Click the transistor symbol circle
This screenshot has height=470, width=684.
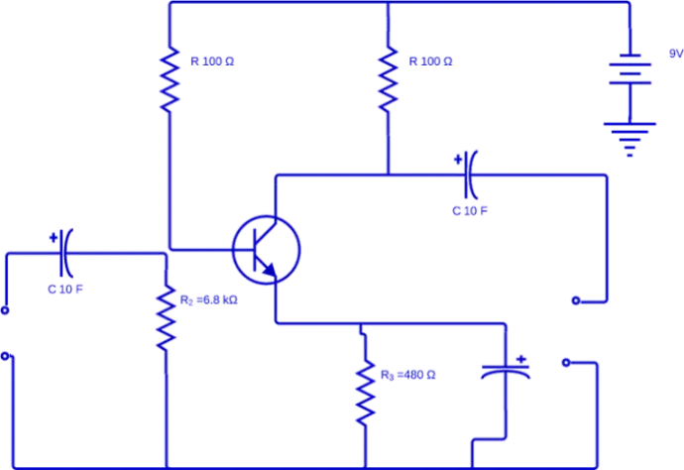click(266, 250)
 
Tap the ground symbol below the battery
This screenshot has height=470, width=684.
click(629, 135)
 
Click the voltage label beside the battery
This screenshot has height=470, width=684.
click(675, 56)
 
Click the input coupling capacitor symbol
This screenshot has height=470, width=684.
click(64, 252)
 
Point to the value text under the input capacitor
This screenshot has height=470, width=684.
click(66, 290)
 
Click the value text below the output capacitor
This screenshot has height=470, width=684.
click(471, 210)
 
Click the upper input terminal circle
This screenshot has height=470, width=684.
click(6, 310)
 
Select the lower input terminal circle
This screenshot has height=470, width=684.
click(6, 354)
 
